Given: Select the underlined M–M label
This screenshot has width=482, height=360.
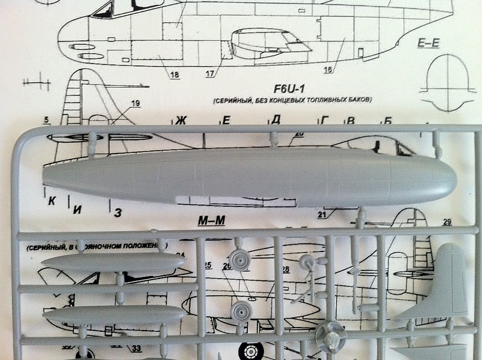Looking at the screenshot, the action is [211, 221].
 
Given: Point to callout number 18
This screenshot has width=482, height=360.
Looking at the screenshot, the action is [175, 75].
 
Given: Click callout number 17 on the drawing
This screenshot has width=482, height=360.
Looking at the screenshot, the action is [209, 74].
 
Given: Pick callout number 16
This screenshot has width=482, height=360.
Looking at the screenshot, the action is [328, 70].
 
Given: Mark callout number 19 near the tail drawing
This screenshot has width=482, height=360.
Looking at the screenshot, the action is [134, 104].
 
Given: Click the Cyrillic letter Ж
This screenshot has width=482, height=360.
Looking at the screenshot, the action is [181, 121].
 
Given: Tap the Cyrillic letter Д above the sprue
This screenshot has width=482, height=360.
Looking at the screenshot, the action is [276, 119].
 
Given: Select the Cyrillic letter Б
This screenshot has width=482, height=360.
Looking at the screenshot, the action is [387, 121].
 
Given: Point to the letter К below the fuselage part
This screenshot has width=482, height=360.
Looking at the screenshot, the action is [52, 202].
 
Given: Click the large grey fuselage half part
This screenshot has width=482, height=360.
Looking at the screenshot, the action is [249, 176].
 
